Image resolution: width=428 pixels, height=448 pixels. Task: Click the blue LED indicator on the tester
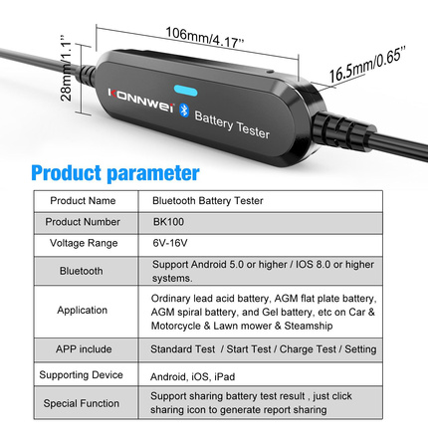pyautogui.click(x=185, y=91)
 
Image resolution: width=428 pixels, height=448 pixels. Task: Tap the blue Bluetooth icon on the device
pyautogui.click(x=184, y=111)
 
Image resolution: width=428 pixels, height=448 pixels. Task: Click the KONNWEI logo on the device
pyautogui.click(x=140, y=101)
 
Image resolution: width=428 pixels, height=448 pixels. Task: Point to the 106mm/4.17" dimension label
pyautogui.click(x=205, y=37)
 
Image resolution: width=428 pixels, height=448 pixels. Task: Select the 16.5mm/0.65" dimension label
pyautogui.click(x=367, y=66)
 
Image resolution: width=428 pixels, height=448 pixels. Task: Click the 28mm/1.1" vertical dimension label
pyautogui.click(x=66, y=68)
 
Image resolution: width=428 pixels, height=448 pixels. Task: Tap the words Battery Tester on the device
pyautogui.click(x=232, y=124)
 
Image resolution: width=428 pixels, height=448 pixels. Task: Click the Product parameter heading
pyautogui.click(x=115, y=173)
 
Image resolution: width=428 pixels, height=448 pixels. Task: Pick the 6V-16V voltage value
pyautogui.click(x=170, y=243)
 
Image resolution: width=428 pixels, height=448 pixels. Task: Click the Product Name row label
pyautogui.click(x=83, y=201)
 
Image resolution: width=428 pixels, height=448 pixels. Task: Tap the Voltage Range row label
pyautogui.click(x=84, y=243)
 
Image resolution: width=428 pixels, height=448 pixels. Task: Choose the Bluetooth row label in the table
pyautogui.click(x=82, y=271)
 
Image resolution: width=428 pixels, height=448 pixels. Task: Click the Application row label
pyautogui.click(x=83, y=311)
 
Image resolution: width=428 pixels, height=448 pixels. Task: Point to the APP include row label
pyautogui.click(x=84, y=349)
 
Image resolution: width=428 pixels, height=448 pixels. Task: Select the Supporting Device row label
pyautogui.click(x=81, y=375)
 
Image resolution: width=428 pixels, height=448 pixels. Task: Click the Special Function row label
pyautogui.click(x=82, y=403)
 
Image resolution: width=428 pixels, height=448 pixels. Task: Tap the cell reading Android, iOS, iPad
pyautogui.click(x=192, y=376)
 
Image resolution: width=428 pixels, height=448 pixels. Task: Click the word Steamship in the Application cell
pyautogui.click(x=309, y=326)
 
